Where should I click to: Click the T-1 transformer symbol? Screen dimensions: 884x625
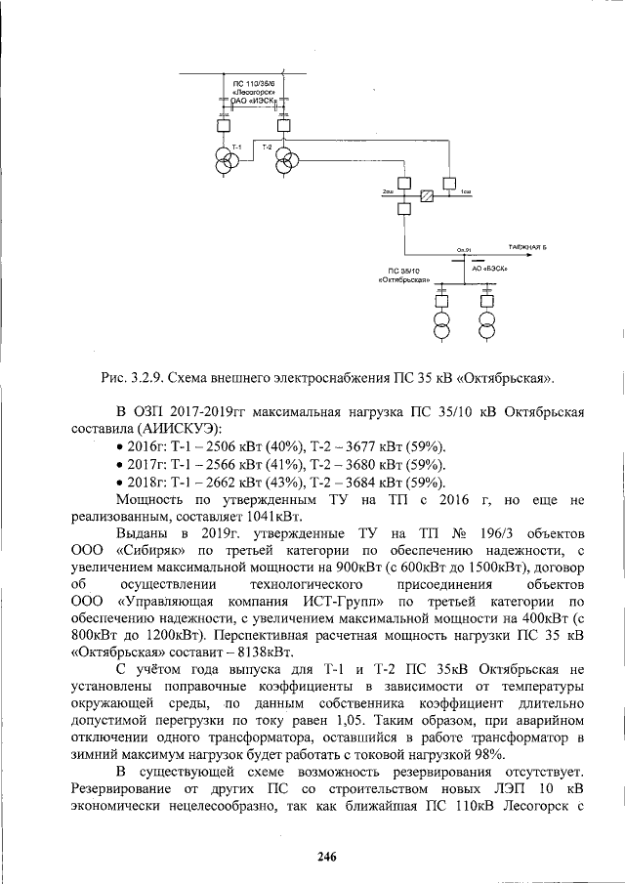227,160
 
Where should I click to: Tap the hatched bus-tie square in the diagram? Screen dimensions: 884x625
427,197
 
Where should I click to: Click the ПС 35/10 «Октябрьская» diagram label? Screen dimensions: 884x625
403,274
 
